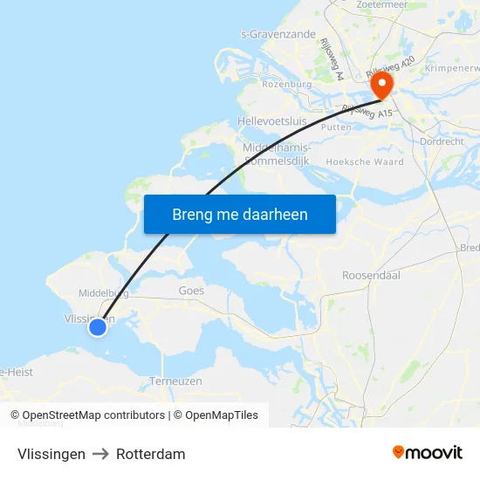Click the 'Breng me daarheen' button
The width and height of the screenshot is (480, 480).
click(x=239, y=214)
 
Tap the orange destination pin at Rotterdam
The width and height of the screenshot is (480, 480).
click(x=382, y=86)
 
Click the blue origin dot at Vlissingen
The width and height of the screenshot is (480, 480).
click(x=98, y=326)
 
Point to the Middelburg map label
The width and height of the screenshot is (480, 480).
click(x=104, y=293)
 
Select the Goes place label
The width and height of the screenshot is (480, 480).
click(x=191, y=291)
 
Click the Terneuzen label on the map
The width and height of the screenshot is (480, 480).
click(x=175, y=381)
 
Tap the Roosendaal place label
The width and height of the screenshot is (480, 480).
click(x=370, y=275)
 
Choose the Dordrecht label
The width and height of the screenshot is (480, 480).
click(x=442, y=141)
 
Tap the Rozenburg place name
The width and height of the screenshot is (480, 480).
click(x=286, y=84)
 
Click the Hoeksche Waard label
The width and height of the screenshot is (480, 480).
click(x=365, y=162)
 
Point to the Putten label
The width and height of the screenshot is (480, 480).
click(x=336, y=127)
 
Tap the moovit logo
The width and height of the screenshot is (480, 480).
click(x=428, y=452)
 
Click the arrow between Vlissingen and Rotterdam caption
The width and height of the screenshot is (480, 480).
click(x=100, y=454)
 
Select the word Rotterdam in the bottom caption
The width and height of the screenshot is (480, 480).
click(x=151, y=454)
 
